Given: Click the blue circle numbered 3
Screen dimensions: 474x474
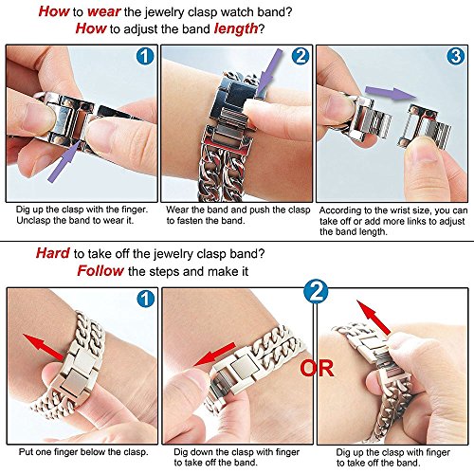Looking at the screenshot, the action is (455, 56).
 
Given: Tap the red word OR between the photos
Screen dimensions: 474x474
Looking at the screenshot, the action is (317, 368).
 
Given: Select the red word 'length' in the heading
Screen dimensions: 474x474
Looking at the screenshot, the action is (236, 28).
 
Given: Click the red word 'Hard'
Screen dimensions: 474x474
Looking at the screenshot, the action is (53, 253).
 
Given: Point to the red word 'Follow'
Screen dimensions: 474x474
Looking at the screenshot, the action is (100, 271).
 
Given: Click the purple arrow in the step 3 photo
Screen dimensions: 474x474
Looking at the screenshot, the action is (391, 93).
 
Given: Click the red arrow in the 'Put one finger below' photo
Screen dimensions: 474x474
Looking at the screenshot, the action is (45, 347).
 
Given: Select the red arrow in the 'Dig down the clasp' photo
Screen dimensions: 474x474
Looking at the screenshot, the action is (215, 354).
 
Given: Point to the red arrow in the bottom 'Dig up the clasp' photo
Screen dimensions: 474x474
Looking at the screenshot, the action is (374, 318).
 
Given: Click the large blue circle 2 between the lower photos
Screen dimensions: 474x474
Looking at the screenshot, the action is (316, 292).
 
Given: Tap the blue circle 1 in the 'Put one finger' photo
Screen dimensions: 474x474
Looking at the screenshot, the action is (146, 299).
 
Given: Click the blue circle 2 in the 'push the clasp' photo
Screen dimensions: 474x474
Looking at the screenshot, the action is (301, 56).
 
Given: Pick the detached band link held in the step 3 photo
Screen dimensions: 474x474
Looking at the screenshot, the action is (424, 126).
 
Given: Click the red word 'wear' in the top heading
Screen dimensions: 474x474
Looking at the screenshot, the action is (103, 11).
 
